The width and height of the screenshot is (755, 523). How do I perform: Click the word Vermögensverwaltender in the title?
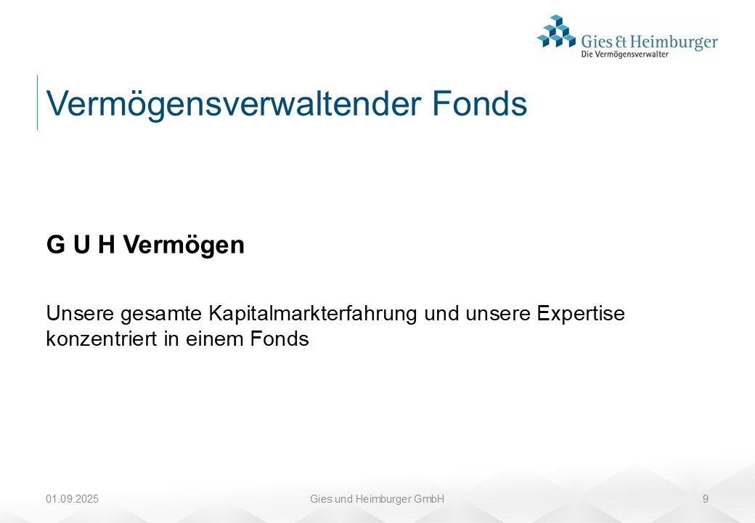click(234, 105)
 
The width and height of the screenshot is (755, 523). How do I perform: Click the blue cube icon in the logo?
click(556, 31)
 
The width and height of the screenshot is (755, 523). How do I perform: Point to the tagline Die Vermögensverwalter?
click(624, 54)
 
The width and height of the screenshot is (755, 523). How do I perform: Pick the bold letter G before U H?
click(56, 244)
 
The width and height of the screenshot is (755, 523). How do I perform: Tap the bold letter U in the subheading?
click(82, 244)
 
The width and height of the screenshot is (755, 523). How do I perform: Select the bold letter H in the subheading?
click(107, 244)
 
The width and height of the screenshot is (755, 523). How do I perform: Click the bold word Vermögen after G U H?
click(184, 246)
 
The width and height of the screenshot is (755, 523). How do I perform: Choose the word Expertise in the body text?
click(581, 314)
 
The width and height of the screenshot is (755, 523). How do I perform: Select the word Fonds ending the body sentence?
click(279, 338)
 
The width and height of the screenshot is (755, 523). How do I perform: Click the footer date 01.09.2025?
click(72, 499)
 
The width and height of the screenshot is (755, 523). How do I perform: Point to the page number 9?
click(706, 499)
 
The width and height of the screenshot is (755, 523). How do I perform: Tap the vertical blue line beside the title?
click(37, 102)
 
